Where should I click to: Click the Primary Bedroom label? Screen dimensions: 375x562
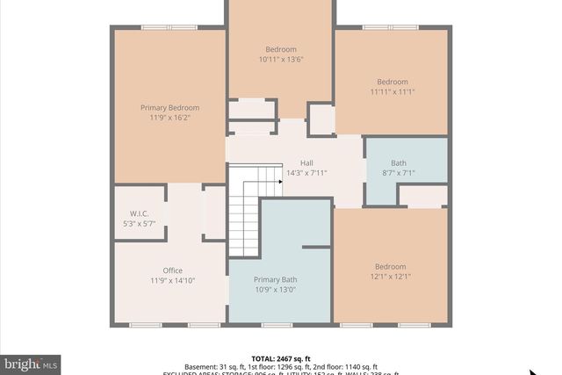[169, 107]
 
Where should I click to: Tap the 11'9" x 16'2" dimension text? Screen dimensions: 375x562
[169, 117]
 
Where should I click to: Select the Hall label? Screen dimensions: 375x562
[306, 162]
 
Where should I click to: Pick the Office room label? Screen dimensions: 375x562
[171, 270]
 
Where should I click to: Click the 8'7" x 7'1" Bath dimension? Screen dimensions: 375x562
[399, 173]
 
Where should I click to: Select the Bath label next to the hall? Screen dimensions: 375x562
[399, 162]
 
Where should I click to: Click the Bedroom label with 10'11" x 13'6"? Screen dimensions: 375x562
[281, 49]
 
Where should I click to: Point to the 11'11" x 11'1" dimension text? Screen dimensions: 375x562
[392, 91]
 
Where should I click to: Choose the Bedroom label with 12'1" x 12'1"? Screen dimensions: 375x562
[391, 266]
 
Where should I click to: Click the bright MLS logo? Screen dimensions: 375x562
[31, 363]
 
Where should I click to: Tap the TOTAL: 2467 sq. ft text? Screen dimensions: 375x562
[281, 358]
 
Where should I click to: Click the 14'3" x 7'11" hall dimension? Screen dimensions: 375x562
[306, 173]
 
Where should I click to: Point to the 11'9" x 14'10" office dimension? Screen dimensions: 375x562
[171, 281]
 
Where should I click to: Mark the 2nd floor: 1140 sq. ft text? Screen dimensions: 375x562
[349, 367]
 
